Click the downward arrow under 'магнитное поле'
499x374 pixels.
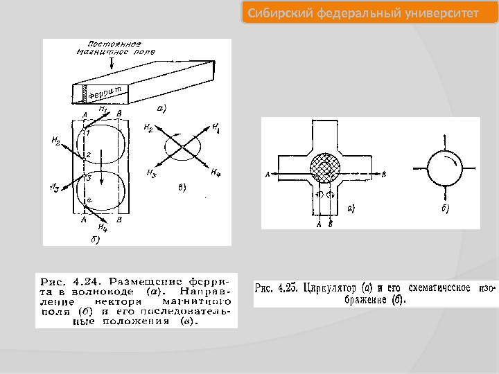[112, 62]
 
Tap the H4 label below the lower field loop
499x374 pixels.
[103, 226]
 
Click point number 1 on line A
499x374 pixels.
[88, 132]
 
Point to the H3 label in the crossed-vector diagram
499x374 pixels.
[150, 174]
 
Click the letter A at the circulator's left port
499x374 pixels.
[267, 174]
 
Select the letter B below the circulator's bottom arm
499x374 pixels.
[330, 224]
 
